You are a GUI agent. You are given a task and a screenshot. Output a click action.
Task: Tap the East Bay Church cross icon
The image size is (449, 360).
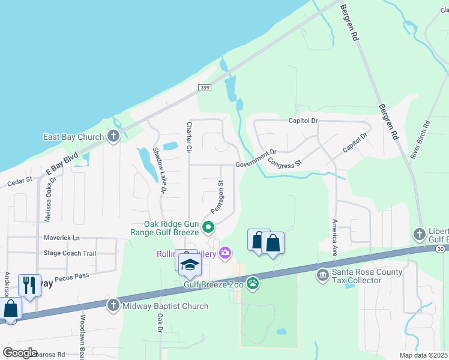tap(113, 137)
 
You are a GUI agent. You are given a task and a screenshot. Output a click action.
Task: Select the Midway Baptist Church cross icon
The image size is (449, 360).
tap(113, 306)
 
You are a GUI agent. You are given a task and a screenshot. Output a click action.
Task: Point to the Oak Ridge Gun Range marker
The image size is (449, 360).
tap(208, 227)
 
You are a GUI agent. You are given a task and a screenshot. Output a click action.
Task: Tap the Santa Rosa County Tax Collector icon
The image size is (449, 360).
tap(322, 275)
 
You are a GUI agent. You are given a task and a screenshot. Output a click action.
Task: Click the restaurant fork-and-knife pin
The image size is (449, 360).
tap(29, 284)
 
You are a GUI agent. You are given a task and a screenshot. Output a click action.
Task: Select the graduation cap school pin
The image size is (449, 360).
tap(189, 265)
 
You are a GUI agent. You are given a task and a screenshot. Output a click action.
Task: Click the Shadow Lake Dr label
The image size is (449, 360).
tap(159, 170)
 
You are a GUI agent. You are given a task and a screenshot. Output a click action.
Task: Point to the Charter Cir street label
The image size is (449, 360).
tap(188, 137)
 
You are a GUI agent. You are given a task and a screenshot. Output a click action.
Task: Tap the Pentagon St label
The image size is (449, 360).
tap(217, 197)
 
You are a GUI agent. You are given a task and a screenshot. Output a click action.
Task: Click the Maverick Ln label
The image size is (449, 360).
tap(61, 238)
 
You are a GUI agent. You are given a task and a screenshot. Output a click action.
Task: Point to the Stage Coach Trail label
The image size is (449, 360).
tap(70, 253)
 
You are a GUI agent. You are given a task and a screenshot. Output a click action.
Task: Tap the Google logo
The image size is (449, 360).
tap(20, 353)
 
